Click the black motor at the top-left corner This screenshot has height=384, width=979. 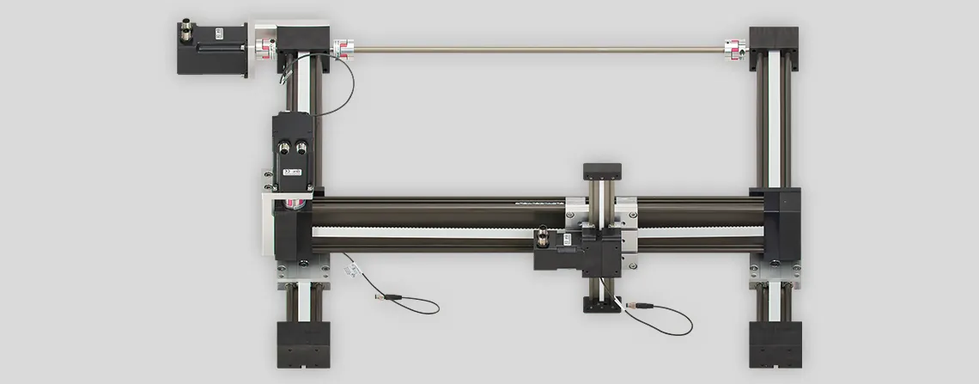pyautogui.click(x=211, y=48)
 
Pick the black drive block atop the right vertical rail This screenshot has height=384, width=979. pyautogui.click(x=774, y=48)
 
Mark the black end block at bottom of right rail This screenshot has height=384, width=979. pyautogui.click(x=774, y=344)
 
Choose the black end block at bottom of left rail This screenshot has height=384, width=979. pyautogui.click(x=303, y=344)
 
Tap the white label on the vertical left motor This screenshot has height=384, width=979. pyautogui.click(x=292, y=173)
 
